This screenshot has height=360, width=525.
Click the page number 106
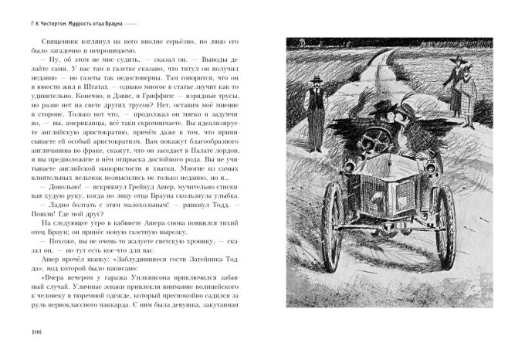[x=35, y=333]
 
